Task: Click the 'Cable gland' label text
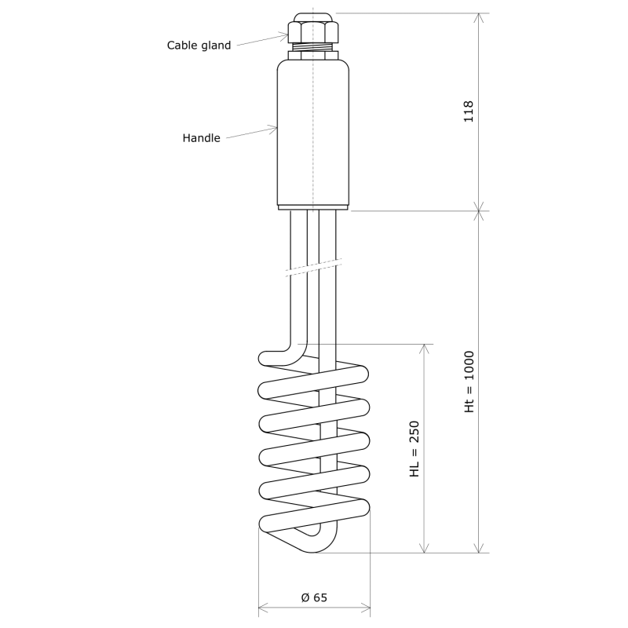click(199, 46)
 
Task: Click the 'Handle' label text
click(201, 138)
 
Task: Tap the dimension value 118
click(469, 111)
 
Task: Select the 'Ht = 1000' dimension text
click(469, 382)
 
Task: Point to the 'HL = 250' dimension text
click(415, 449)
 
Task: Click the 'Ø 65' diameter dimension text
click(314, 598)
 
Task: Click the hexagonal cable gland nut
click(313, 31)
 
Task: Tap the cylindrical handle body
click(313, 133)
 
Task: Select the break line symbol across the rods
click(314, 268)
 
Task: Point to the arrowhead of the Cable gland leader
click(286, 34)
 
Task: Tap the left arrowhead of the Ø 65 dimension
click(262, 606)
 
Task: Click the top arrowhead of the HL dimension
click(425, 348)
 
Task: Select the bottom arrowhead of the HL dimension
click(425, 549)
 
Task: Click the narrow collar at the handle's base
click(313, 206)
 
